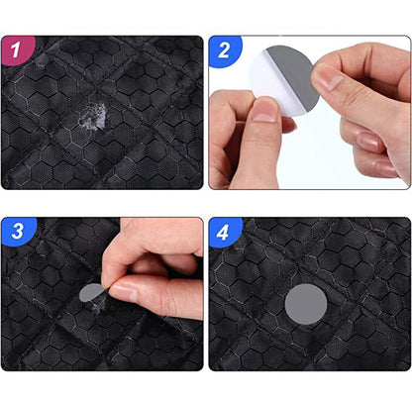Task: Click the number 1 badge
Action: coord(16,50)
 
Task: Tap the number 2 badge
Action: coord(224,50)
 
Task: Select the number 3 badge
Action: coord(17,231)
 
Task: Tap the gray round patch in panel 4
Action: coord(306,304)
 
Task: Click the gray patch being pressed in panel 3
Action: coord(90,292)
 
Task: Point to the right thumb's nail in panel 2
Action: coord(328,78)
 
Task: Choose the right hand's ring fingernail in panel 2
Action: coord(386,169)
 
